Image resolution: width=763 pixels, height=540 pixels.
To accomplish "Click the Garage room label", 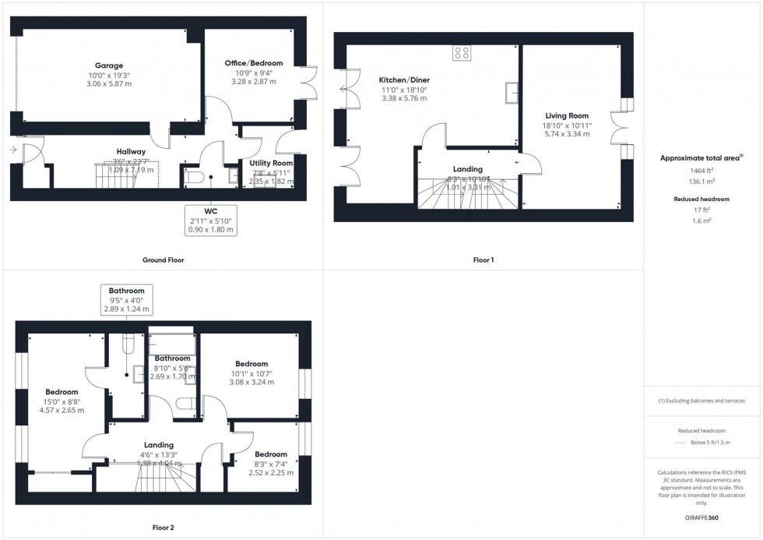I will pyautogui.click(x=109, y=65).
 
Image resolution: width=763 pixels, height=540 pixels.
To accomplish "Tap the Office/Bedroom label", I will pyautogui.click(x=254, y=63).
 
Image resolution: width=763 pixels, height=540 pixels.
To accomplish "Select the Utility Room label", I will pyautogui.click(x=272, y=163).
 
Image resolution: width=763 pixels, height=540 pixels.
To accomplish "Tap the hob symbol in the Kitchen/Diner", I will pyautogui.click(x=462, y=53).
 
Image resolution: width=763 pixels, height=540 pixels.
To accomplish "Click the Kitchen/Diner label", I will pyautogui.click(x=404, y=80).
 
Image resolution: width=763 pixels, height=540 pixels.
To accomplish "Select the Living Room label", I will pyautogui.click(x=566, y=115).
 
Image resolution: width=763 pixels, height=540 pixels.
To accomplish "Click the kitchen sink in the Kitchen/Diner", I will pyautogui.click(x=512, y=93).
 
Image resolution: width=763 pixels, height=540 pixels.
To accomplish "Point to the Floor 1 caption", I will pyautogui.click(x=483, y=259).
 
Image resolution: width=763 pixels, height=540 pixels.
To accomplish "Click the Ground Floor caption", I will pyautogui.click(x=163, y=259).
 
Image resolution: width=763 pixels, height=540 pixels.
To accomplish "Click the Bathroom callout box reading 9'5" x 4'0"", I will pyautogui.click(x=126, y=300).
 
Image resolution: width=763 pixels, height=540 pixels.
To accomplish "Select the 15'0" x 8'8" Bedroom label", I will pyautogui.click(x=62, y=392).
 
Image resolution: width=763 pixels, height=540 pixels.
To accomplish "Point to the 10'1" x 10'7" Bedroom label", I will pyautogui.click(x=251, y=364).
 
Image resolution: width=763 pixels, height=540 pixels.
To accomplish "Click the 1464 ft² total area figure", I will pyautogui.click(x=702, y=170).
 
